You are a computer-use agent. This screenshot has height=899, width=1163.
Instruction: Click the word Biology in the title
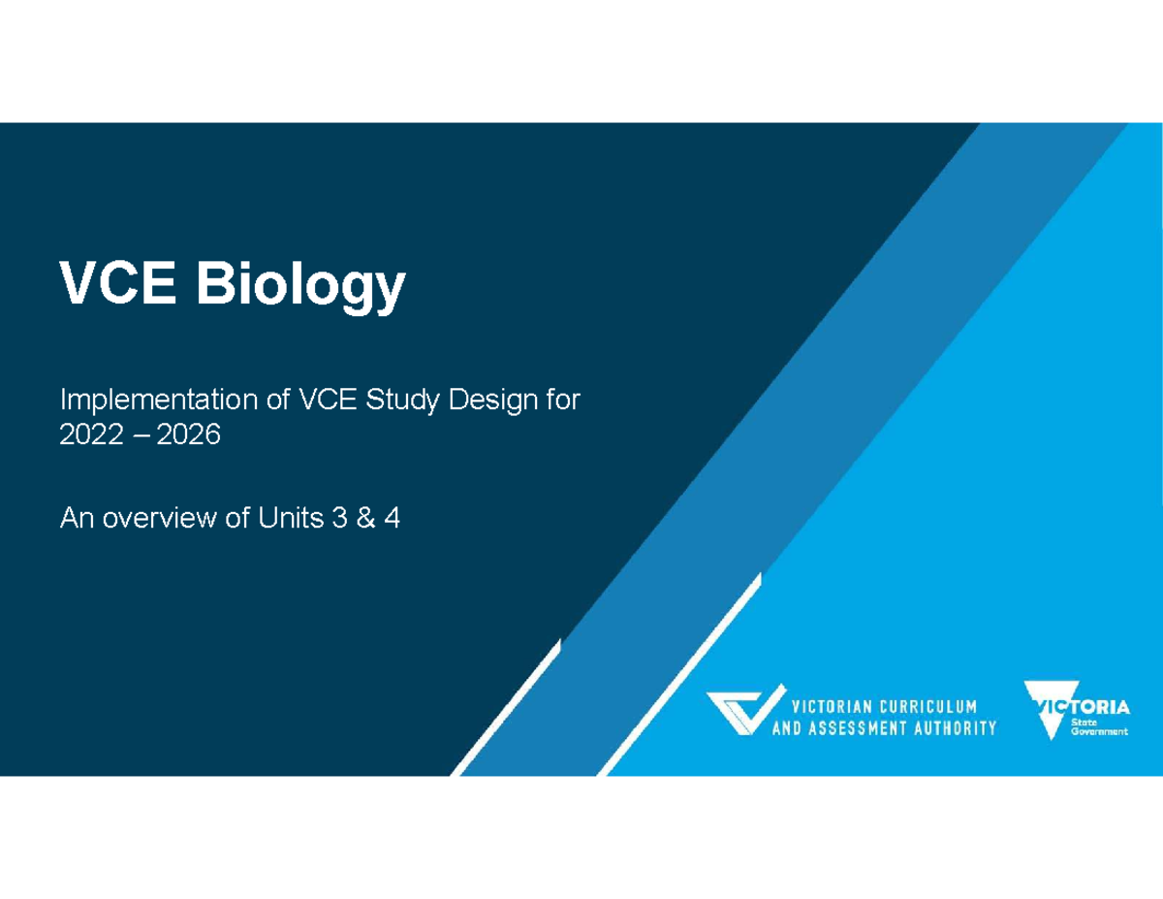tap(301, 284)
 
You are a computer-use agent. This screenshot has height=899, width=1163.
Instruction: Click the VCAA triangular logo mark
tap(743, 714)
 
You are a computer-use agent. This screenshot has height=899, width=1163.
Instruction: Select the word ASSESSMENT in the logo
tap(864, 728)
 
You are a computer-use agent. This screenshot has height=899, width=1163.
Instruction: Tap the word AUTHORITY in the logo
tap(956, 728)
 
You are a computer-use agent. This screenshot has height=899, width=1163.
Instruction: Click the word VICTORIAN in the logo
tap(831, 705)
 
